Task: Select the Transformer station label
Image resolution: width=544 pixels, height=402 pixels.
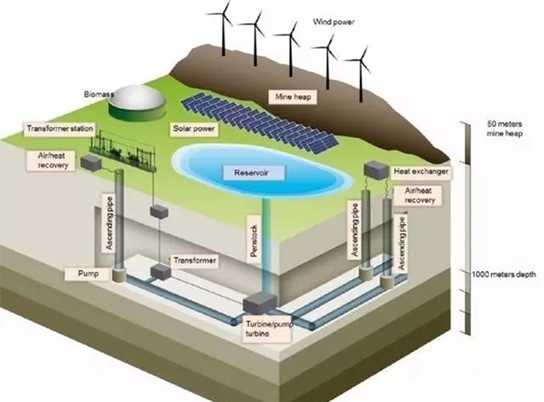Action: click(59, 129)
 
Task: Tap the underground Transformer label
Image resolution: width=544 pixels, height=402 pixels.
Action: click(196, 260)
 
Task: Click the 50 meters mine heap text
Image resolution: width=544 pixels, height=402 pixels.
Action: click(501, 127)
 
